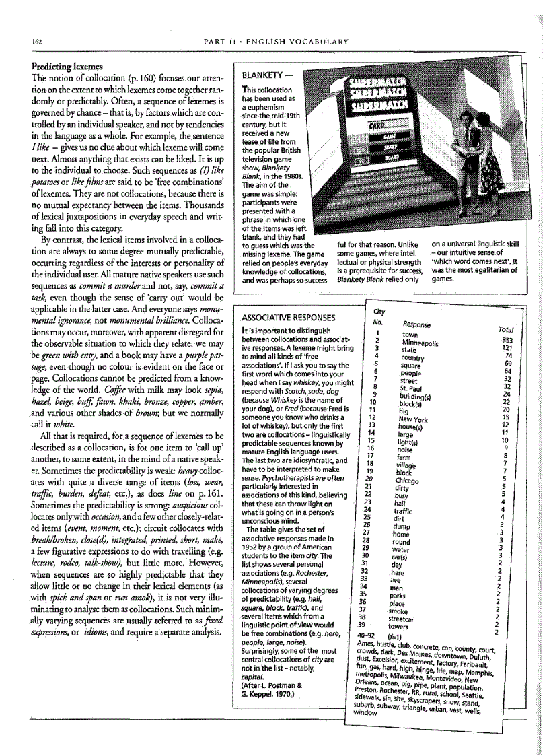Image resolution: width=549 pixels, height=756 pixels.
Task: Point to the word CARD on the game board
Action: click(376, 125)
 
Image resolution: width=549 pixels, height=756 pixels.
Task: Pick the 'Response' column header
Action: click(417, 324)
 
